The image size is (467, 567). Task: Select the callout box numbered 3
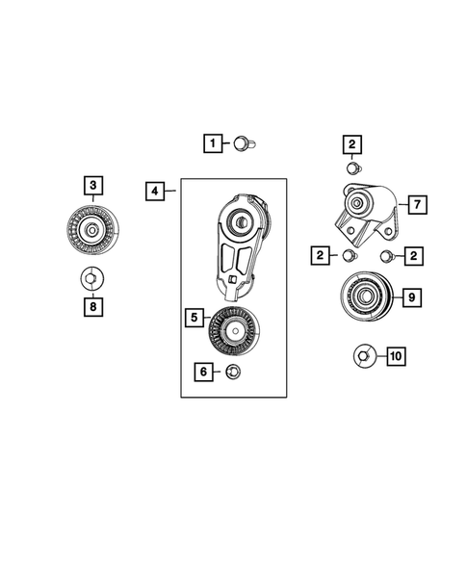pos(93,184)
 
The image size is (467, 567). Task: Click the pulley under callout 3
pos(91,231)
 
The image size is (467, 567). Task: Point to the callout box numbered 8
pos(93,306)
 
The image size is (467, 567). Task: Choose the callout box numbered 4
pos(155,192)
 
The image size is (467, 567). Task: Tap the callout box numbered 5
pos(194,316)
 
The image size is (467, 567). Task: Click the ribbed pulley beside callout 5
pos(231,331)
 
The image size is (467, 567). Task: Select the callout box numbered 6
pos(203,371)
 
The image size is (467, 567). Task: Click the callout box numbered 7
pos(416,205)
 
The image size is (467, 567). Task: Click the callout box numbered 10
pos(395,356)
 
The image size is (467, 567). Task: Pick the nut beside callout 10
pos(363,356)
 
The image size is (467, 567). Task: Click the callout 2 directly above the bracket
pos(353,144)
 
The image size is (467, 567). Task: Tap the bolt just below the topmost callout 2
pos(353,168)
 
